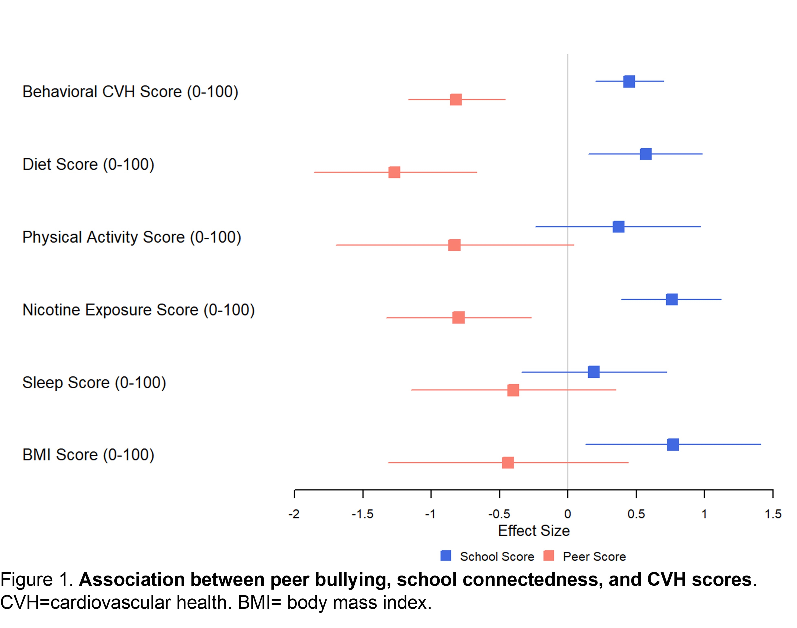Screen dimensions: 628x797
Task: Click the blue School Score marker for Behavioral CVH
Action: click(x=629, y=81)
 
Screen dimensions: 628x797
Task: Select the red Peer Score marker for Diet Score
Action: click(x=394, y=172)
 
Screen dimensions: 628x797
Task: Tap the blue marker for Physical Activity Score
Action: click(x=618, y=227)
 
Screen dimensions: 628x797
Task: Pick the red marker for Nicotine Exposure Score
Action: click(x=458, y=317)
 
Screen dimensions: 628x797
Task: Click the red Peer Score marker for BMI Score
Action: click(x=507, y=463)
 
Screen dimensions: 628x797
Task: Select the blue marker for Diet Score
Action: click(x=645, y=154)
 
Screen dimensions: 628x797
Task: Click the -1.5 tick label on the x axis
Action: click(x=363, y=514)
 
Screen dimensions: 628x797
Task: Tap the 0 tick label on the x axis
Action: click(x=567, y=514)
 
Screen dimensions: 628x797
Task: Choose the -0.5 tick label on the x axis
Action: click(x=499, y=514)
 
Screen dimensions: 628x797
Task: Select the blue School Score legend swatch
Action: click(x=446, y=556)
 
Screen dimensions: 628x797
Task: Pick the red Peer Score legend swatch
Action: click(x=549, y=556)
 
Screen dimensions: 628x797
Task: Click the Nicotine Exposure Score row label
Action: click(x=138, y=310)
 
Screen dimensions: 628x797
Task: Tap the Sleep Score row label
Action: click(x=94, y=383)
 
